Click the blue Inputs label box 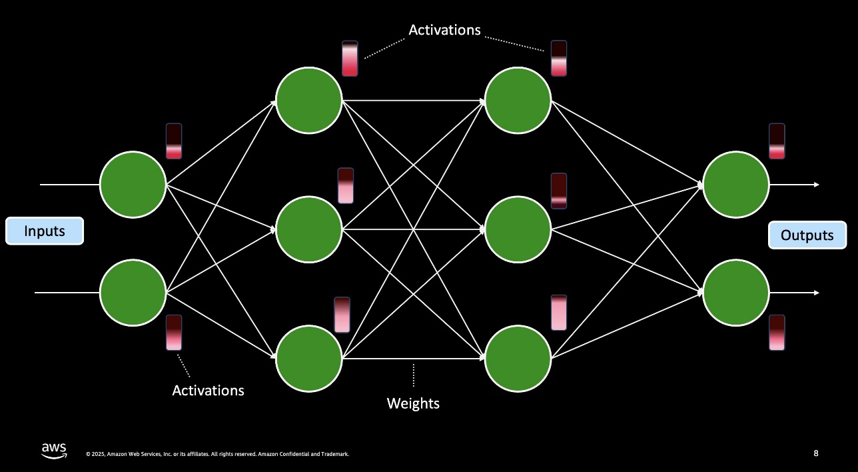click(45, 231)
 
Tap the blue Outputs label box click(807, 235)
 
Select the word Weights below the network click(413, 403)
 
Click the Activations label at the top click(444, 30)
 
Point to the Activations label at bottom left click(208, 390)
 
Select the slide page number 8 click(816, 453)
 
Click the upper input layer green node click(133, 184)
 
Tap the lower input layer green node click(133, 293)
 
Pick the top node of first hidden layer click(309, 101)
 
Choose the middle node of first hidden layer click(309, 229)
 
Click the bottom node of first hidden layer click(309, 359)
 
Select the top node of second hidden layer click(518, 101)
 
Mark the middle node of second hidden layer click(518, 229)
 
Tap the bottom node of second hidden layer click(518, 359)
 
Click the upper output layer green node click(736, 184)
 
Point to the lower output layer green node click(736, 293)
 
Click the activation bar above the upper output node click(777, 141)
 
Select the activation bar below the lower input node click(174, 333)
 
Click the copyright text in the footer click(217, 454)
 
